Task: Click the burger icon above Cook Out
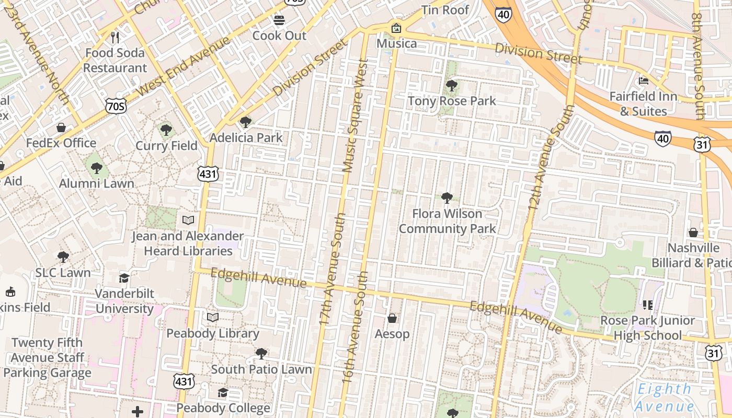coord(279,20)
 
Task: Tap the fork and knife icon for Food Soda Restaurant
coord(116,38)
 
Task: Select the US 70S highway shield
coord(115,106)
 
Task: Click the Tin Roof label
coord(445,10)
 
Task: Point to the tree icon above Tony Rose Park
coord(451,86)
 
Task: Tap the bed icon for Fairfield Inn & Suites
coord(644,81)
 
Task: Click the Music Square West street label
coord(355,115)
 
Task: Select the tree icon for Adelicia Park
coord(245,123)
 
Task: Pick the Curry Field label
coord(166,146)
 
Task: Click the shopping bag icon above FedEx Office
coord(61,127)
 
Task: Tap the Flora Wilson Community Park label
coord(447,221)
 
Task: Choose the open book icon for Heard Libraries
coord(188,220)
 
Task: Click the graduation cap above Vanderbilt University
coord(124,278)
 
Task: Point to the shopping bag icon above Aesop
coord(392,318)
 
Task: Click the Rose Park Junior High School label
coord(647,328)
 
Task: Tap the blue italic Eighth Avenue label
coord(664,398)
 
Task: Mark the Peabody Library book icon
coord(213,318)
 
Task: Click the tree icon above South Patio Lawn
coord(261,354)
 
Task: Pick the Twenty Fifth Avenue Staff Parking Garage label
coord(47,357)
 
